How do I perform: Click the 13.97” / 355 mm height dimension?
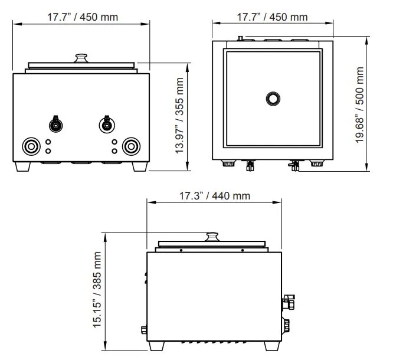click(x=179, y=116)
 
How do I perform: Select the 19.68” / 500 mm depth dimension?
click(x=359, y=105)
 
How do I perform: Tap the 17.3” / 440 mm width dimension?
click(x=215, y=196)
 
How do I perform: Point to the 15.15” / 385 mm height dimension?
click(x=97, y=290)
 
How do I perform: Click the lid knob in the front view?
click(x=81, y=58)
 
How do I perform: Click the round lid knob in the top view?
click(x=273, y=99)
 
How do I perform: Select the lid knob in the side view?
click(x=212, y=237)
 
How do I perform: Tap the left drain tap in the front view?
click(x=55, y=124)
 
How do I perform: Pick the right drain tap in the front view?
click(x=106, y=125)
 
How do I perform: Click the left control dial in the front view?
click(x=31, y=146)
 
